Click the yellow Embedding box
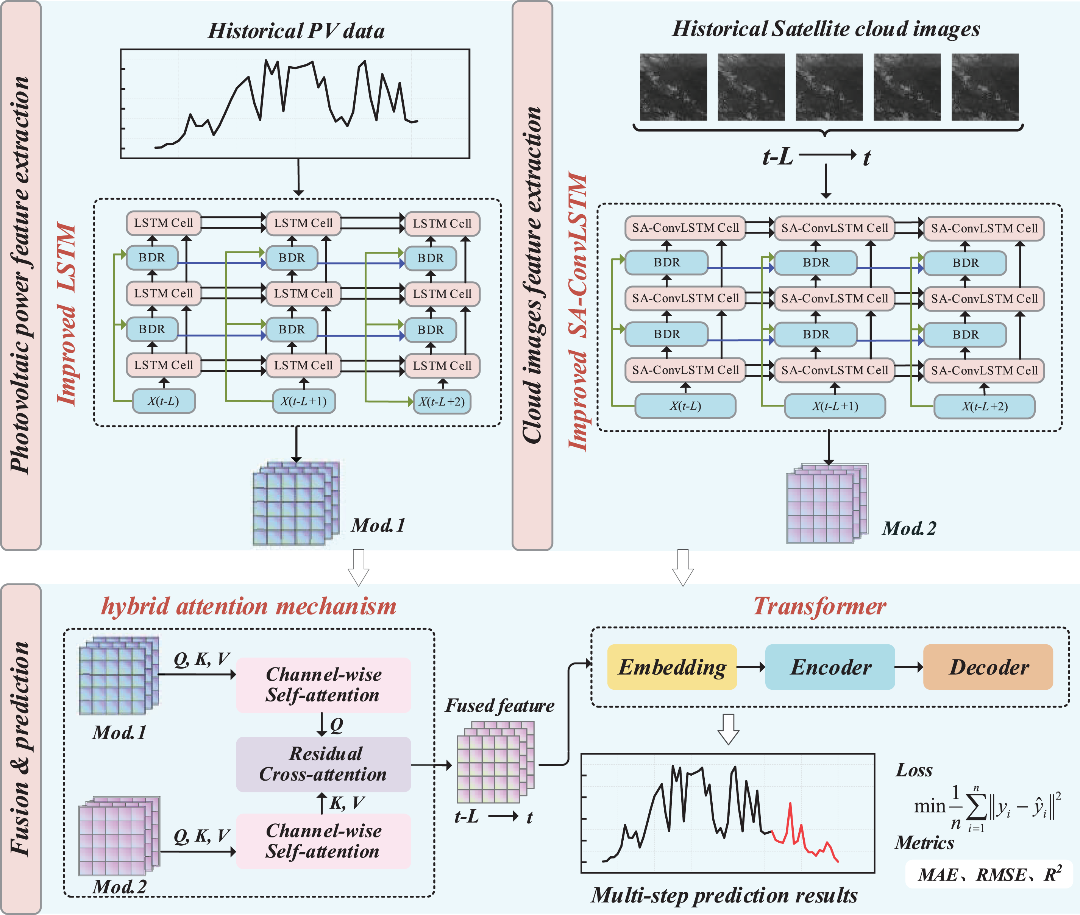(672, 667)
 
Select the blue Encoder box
(830, 667)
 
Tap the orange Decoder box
(988, 667)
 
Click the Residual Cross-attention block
(323, 764)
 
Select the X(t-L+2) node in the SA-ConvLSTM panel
(985, 406)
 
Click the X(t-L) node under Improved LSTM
(164, 401)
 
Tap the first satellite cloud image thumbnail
(673, 87)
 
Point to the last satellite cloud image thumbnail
(985, 87)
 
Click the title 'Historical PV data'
(296, 31)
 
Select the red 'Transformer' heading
(819, 606)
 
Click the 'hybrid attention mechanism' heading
(249, 606)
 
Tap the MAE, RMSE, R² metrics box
(989, 875)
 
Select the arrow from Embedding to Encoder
(751, 667)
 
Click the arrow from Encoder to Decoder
(909, 667)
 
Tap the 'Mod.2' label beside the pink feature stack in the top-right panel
(909, 528)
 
